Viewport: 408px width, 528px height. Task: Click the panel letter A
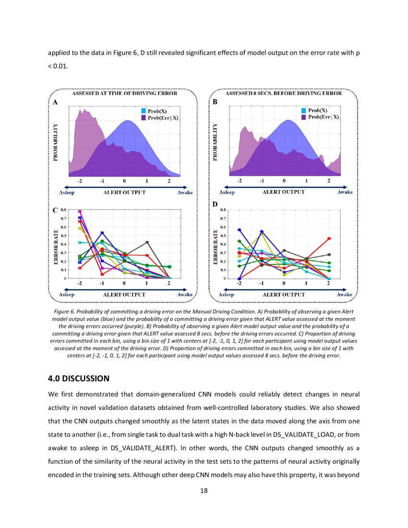click(55, 102)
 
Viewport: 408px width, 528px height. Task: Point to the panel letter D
click(215, 204)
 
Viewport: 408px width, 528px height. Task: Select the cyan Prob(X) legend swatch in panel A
click(143, 111)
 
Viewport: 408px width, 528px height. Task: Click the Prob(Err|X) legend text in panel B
click(324, 117)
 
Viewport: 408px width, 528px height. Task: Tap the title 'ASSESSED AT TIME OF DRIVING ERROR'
click(124, 93)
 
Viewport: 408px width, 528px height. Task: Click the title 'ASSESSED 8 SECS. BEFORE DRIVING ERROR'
click(284, 93)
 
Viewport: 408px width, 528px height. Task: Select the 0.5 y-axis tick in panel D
click(223, 236)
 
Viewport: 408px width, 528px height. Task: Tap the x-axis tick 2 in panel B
click(329, 181)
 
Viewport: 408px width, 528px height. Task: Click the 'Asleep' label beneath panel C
click(66, 294)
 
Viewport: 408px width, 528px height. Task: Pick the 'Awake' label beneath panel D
click(345, 294)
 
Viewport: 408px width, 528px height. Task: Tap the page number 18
click(204, 491)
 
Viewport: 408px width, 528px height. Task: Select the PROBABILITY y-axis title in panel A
click(56, 142)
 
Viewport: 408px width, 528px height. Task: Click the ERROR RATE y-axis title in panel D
click(216, 245)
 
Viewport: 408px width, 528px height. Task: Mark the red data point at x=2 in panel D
click(329, 239)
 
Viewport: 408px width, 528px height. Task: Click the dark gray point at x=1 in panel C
click(147, 242)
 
